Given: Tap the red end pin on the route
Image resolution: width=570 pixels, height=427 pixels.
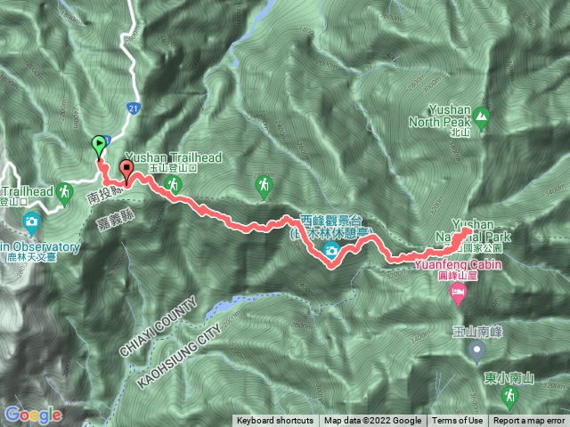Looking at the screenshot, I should click(126, 169).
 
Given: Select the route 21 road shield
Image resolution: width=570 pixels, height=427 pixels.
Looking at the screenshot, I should click(133, 108).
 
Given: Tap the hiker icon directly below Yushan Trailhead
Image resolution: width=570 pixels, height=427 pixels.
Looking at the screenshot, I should click(175, 184).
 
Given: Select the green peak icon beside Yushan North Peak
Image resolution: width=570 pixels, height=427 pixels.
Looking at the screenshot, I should click(482, 116).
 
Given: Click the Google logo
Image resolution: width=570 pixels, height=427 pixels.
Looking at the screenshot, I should click(33, 415).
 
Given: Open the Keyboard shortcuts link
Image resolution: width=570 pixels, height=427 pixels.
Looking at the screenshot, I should click(275, 421).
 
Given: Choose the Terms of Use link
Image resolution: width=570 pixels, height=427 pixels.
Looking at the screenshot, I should click(458, 421).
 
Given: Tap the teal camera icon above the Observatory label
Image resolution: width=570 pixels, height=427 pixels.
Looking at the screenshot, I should click(32, 222).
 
